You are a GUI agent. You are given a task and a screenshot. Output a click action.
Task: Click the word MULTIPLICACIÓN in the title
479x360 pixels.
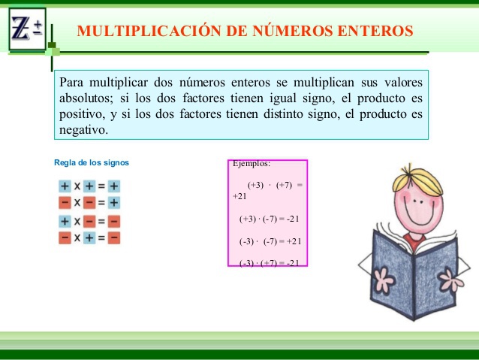[140, 31]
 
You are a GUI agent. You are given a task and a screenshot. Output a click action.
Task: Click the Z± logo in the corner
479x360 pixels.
[29, 29]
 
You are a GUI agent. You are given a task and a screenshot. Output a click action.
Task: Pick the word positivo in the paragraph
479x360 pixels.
[83, 114]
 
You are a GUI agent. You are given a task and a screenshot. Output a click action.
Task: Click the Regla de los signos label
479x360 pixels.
[92, 162]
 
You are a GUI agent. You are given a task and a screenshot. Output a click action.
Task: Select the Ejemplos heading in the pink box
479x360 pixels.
[252, 163]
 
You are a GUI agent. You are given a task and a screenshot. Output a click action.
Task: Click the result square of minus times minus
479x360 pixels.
[114, 203]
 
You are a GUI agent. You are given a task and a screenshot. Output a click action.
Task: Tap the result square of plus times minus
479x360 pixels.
[114, 221]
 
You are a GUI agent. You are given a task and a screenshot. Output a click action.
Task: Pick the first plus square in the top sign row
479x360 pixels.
[65, 186]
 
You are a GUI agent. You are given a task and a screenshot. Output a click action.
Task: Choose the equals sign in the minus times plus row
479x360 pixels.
[101, 238]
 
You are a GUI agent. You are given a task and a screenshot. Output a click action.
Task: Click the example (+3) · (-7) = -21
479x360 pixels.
[269, 219]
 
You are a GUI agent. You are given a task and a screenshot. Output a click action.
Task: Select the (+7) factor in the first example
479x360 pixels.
[284, 185]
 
